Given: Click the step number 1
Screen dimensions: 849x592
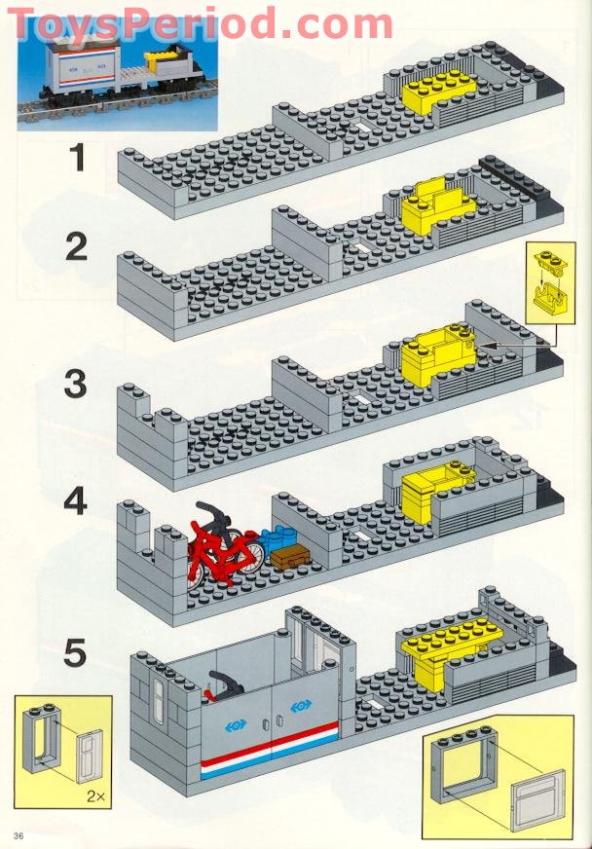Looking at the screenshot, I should [77, 158].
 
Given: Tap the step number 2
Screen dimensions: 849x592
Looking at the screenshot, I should [77, 247].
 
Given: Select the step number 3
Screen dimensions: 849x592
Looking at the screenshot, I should [76, 384].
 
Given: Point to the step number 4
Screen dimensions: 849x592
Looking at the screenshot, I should [76, 503].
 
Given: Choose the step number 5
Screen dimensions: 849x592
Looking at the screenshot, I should [77, 652].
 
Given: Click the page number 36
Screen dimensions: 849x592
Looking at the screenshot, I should [18, 836].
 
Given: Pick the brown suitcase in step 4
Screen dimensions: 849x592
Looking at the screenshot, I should [288, 558].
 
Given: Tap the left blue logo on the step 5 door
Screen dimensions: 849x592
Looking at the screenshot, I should [234, 723].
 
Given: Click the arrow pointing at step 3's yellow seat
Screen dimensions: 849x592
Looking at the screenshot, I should [506, 345].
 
